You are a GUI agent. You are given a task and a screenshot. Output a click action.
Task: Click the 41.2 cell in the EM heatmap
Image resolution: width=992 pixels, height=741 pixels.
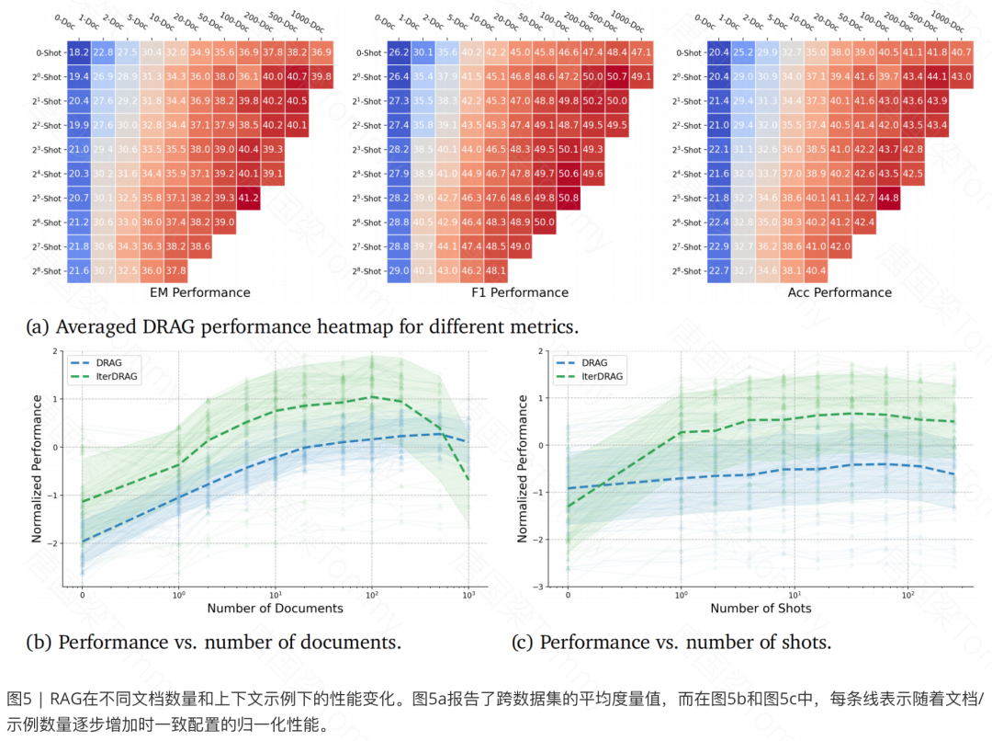[249, 198]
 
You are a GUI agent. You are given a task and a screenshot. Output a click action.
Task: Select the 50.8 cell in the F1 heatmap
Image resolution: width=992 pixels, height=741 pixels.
[568, 198]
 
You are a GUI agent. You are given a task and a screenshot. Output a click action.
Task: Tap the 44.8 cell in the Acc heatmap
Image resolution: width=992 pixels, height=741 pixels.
[888, 198]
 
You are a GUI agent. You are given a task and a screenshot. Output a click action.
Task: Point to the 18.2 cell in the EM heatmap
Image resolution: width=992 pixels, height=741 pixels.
[79, 53]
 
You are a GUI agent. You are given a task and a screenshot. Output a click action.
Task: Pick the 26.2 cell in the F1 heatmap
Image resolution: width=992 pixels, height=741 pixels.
[399, 53]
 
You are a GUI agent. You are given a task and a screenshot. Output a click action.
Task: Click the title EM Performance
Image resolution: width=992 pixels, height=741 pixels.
[199, 292]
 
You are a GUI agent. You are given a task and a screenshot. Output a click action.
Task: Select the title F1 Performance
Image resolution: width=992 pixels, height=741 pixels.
[519, 292]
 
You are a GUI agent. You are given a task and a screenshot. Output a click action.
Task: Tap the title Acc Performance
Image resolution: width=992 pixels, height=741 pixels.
[840, 292]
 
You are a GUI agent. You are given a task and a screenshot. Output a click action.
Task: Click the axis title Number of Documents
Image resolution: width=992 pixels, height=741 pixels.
[275, 609]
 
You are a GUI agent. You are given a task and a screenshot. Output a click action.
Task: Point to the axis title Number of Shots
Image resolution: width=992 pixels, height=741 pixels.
[761, 609]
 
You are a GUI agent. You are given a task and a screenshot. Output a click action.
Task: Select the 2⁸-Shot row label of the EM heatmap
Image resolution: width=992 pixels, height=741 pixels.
[45, 271]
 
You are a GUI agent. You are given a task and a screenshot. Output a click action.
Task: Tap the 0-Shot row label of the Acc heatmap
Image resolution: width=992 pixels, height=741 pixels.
[689, 53]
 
